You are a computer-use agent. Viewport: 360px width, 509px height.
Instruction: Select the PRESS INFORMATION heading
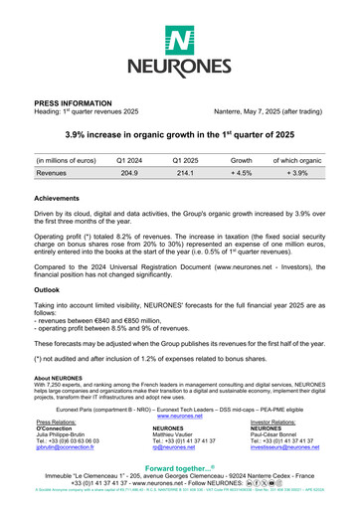coord(75,102)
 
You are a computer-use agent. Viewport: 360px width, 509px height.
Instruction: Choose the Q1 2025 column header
coord(186,159)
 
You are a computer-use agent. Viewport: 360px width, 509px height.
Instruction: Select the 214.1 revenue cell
coord(186,172)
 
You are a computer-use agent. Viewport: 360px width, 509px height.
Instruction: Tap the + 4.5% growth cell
coord(242,172)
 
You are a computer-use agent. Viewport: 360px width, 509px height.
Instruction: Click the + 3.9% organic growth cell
coord(297,172)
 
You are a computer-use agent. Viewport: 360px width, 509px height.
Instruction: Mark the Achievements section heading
coord(63,198)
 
